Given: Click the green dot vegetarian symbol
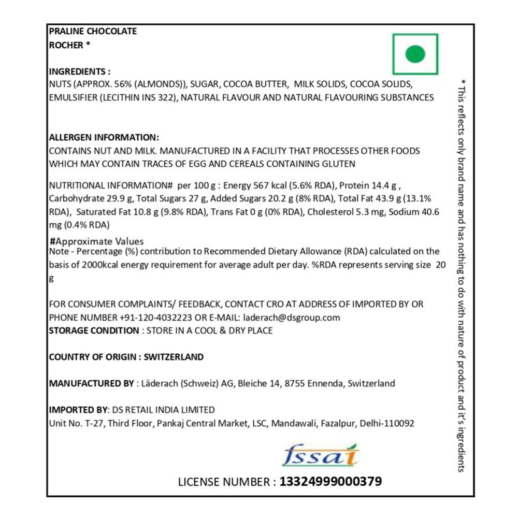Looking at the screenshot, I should (x=415, y=54).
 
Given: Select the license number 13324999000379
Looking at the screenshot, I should (x=330, y=482).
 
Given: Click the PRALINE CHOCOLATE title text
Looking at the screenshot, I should (x=93, y=31).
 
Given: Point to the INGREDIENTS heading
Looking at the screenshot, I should (x=79, y=71).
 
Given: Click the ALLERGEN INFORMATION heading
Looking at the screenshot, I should (x=104, y=138).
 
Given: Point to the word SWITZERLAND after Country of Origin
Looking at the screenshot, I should (x=174, y=357).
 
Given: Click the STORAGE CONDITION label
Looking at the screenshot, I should (x=94, y=330).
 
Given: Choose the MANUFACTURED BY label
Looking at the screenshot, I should (x=91, y=384).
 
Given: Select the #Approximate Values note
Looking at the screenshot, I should (x=96, y=241).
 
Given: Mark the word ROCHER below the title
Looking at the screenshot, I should (x=66, y=45).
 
